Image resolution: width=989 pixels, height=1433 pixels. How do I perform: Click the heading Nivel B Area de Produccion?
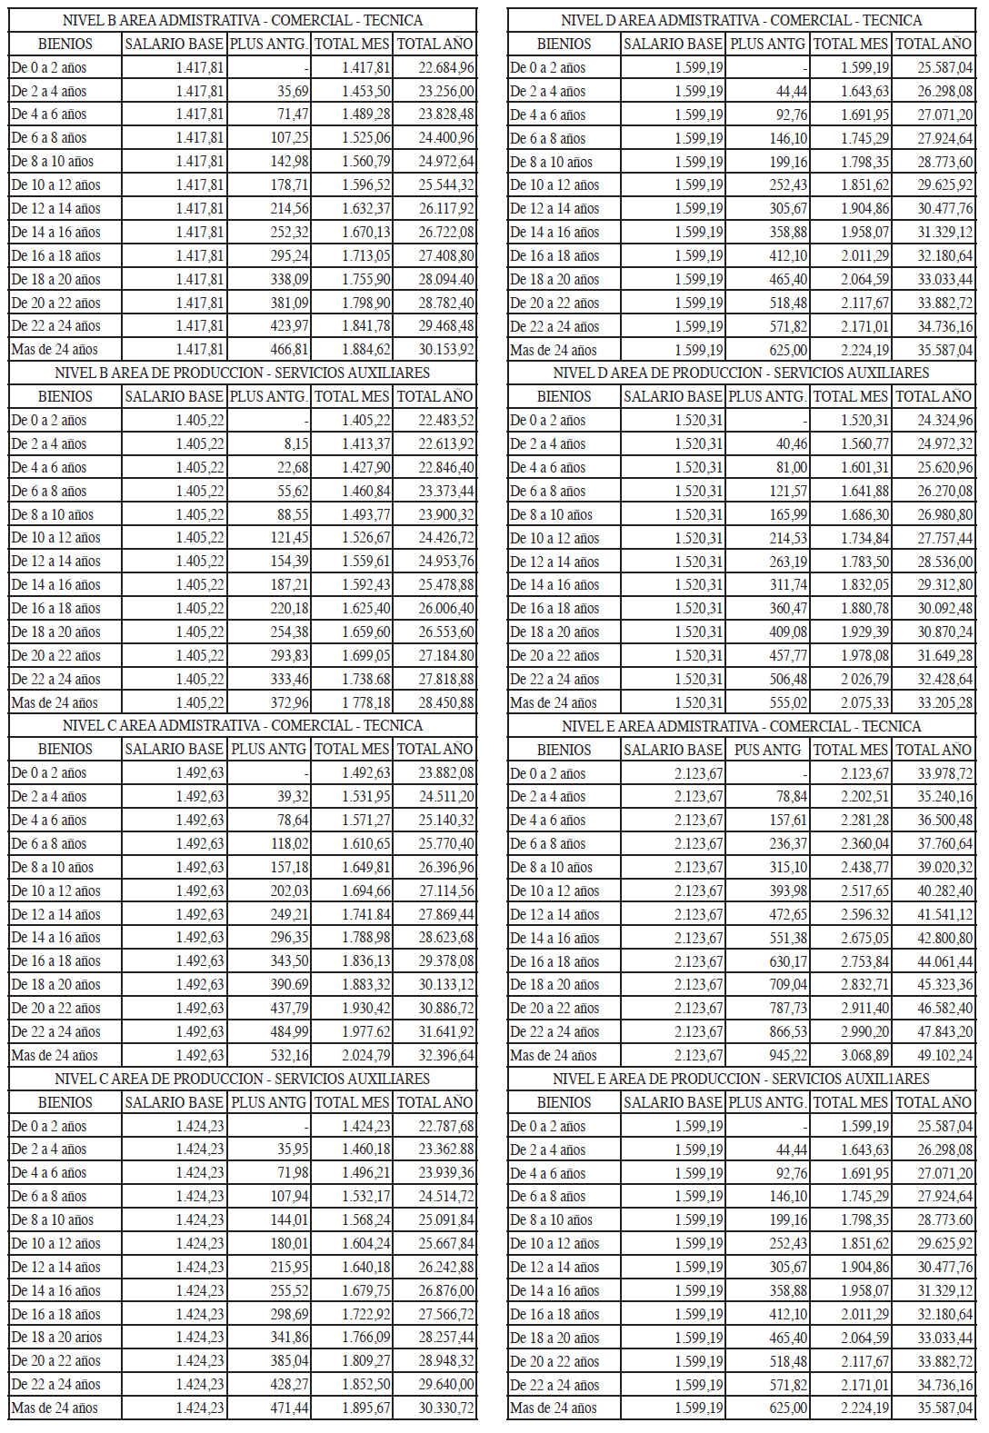coord(242,373)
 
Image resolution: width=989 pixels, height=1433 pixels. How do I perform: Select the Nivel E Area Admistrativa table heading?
coord(741,726)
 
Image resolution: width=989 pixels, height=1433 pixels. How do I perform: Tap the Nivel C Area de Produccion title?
coord(242,1079)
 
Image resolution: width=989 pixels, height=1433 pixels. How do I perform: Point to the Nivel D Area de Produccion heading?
coord(741,373)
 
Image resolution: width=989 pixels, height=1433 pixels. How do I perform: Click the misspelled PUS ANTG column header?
coord(767,750)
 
